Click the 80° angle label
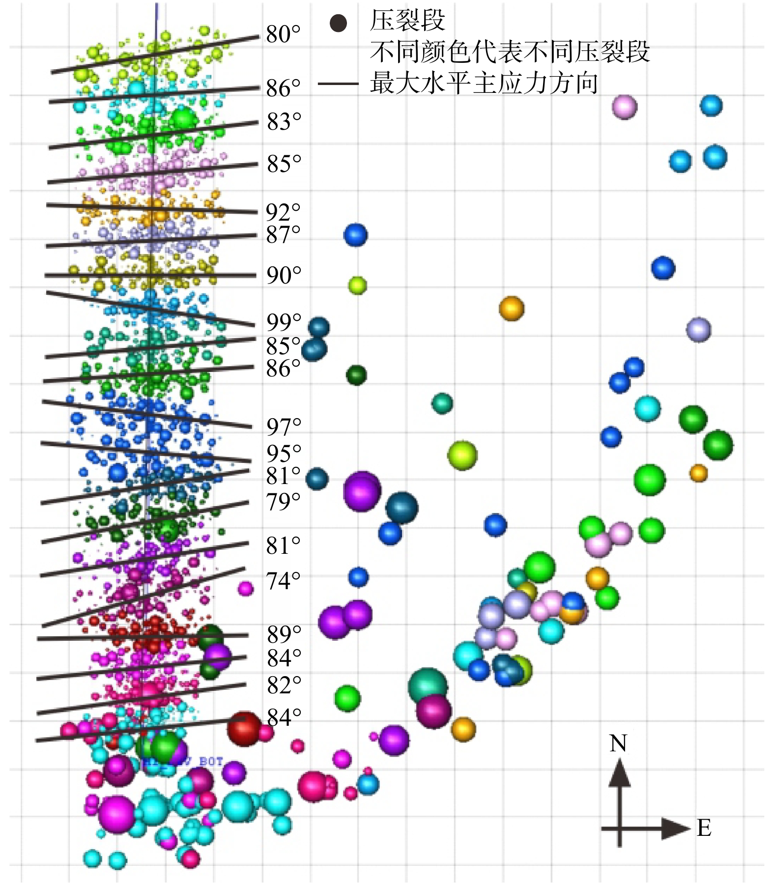click(283, 34)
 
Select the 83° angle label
click(284, 122)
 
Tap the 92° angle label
click(283, 212)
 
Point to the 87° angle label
click(283, 235)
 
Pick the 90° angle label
click(284, 275)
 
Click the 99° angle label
click(284, 322)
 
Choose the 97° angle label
click(284, 427)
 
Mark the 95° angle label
click(284, 454)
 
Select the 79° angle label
click(283, 502)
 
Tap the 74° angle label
click(283, 581)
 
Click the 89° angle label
click(284, 634)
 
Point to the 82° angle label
click(284, 685)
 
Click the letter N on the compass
click(618, 743)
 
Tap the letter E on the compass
click(704, 828)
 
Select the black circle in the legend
click(338, 23)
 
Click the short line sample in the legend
click(338, 84)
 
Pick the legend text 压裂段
click(407, 21)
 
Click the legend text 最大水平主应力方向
click(484, 83)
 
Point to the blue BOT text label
click(211, 762)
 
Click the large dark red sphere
click(244, 729)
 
